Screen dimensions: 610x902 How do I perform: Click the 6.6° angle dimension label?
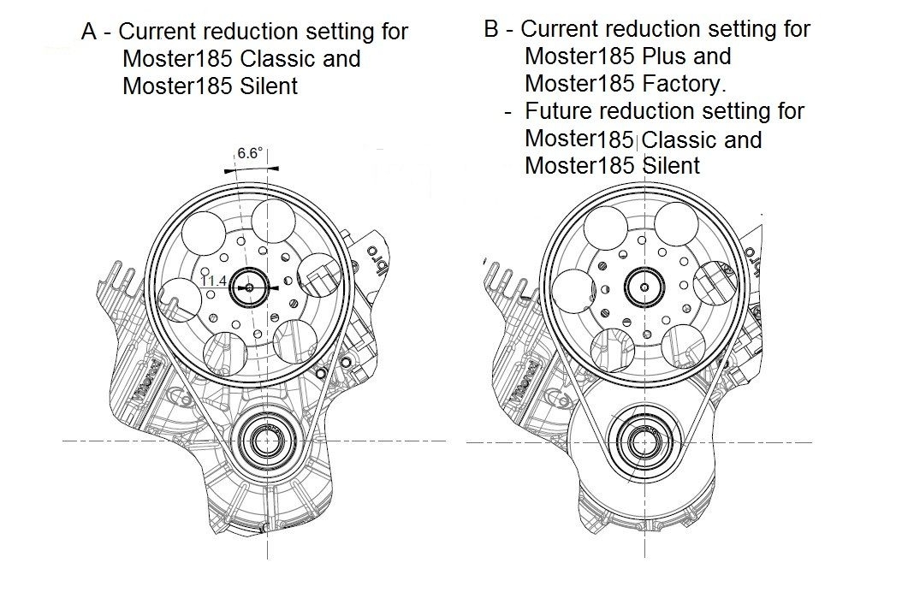[249, 154]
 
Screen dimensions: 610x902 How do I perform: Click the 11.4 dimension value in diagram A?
[213, 280]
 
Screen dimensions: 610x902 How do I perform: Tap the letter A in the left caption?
[88, 33]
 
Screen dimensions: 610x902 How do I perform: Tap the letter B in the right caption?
[491, 29]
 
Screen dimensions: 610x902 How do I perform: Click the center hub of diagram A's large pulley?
[250, 288]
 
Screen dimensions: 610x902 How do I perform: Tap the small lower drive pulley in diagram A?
[267, 442]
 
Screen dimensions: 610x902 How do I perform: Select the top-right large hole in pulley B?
[681, 225]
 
